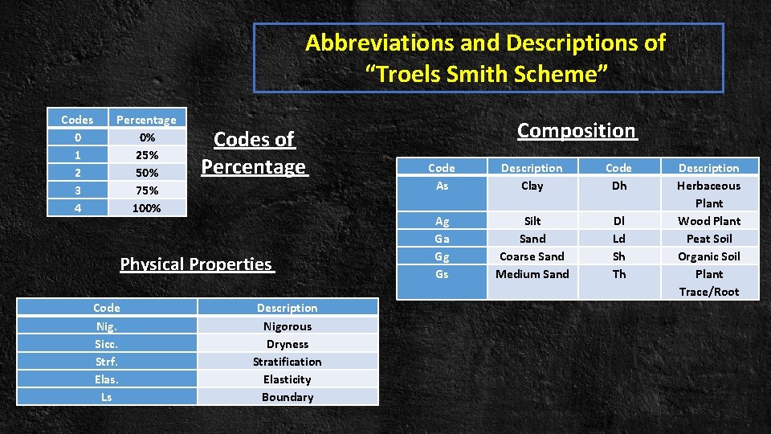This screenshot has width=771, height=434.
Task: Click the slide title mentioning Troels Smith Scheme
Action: click(486, 58)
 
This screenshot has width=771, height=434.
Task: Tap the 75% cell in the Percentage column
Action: click(148, 190)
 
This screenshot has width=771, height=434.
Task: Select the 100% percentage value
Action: click(148, 208)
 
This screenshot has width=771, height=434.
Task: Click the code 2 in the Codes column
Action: click(77, 173)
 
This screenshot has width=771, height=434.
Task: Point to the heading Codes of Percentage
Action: click(254, 153)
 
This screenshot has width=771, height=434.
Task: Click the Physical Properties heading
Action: click(197, 264)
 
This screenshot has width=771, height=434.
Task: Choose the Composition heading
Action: click(577, 130)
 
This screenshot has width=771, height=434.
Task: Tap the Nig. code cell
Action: click(106, 326)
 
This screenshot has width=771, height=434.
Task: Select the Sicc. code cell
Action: click(106, 344)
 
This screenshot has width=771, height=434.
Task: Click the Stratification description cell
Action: click(287, 362)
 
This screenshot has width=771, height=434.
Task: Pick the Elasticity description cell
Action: click(287, 379)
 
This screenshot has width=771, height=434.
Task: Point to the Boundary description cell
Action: click(287, 397)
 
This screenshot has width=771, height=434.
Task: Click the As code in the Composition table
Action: click(442, 186)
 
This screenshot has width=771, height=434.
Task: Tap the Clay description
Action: click(532, 186)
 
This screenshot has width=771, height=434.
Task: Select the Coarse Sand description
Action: click(532, 256)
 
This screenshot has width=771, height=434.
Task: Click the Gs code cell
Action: click(442, 274)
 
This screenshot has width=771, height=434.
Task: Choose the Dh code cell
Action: click(618, 186)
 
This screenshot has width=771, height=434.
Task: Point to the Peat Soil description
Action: click(708, 239)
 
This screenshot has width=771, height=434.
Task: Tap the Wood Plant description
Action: click(708, 221)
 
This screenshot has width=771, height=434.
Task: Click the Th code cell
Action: click(618, 274)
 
